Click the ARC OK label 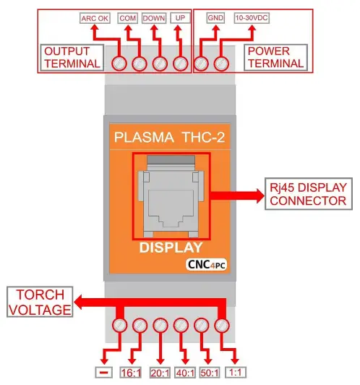click(x=95, y=18)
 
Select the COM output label click(x=127, y=18)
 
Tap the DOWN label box click(x=154, y=18)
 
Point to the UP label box click(x=180, y=18)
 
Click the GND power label click(x=215, y=18)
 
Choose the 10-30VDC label click(x=252, y=18)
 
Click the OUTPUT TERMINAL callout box click(x=72, y=58)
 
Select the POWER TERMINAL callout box click(x=275, y=57)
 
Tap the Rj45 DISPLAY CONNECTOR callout click(x=309, y=194)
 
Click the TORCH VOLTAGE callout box click(x=40, y=302)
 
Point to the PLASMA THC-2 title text click(x=169, y=137)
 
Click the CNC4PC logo click(x=206, y=265)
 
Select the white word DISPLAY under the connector click(x=171, y=247)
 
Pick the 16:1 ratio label click(x=131, y=373)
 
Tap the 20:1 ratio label click(x=160, y=373)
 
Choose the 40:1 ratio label click(x=185, y=373)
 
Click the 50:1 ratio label click(x=210, y=373)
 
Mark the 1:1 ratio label click(x=236, y=373)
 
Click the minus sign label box click(x=104, y=373)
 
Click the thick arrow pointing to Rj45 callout click(x=237, y=195)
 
